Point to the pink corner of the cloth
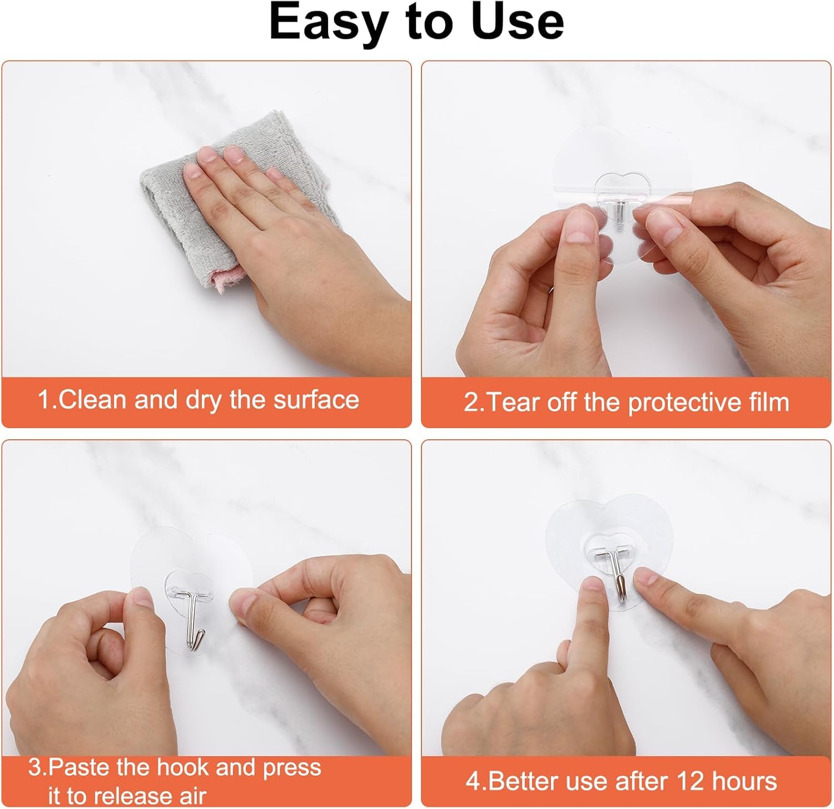pos(229,278)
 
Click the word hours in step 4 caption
pos(744,781)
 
